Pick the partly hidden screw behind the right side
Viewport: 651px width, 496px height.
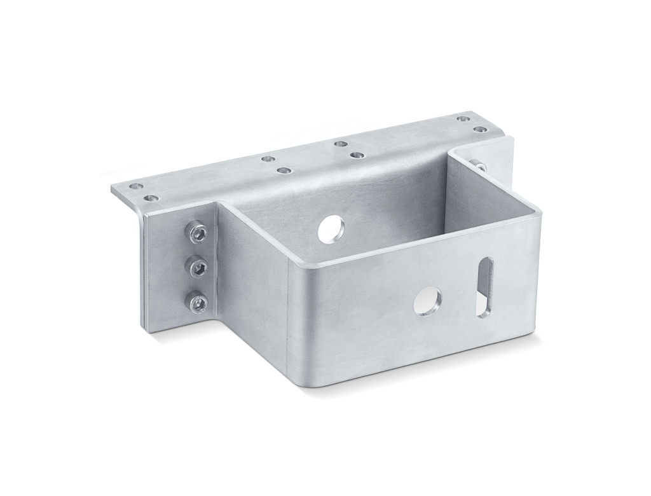tap(481, 167)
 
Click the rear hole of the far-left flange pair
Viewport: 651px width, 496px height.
tap(135, 186)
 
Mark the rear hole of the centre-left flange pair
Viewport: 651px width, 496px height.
tap(268, 158)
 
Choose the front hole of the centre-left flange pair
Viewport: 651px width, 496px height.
tap(284, 170)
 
